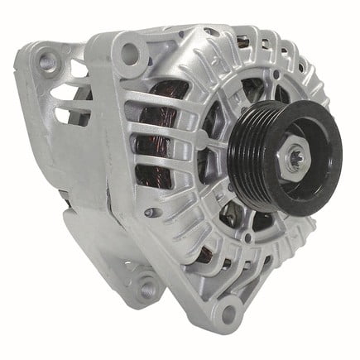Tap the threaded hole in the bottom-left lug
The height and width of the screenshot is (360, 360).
pos(146,288)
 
